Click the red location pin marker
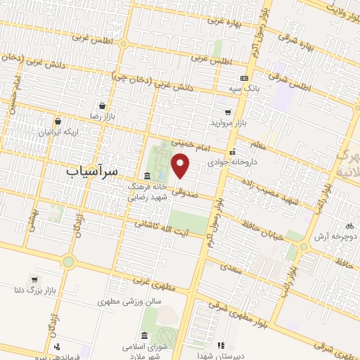point(181,167)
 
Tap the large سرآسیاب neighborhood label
point(102,171)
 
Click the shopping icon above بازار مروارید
point(227,112)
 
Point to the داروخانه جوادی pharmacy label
point(233,162)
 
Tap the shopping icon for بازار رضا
point(103,105)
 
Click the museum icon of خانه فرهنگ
point(147,175)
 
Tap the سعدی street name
point(229,267)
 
